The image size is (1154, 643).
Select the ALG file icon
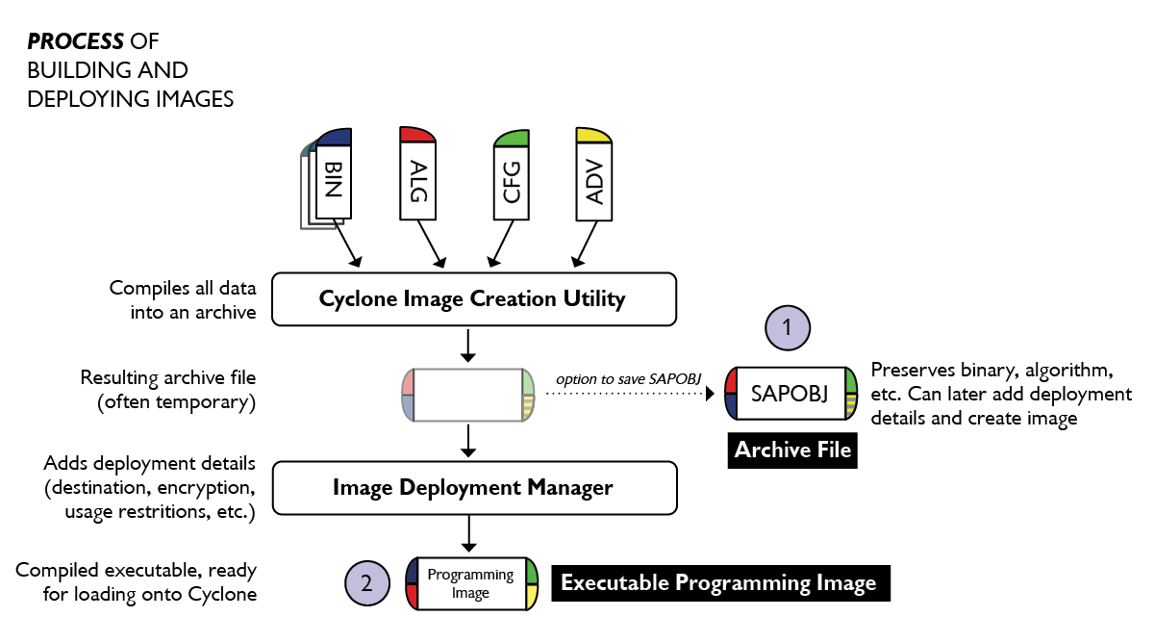(x=417, y=173)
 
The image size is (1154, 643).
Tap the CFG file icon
(x=511, y=175)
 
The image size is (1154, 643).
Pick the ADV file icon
(x=594, y=174)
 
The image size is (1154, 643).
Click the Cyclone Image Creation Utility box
(x=474, y=299)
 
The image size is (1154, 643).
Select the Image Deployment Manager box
(x=474, y=488)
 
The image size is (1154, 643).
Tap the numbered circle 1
(x=788, y=328)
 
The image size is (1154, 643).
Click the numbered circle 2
(x=366, y=583)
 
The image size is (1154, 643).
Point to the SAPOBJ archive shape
(x=790, y=394)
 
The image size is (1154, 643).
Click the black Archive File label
(x=792, y=450)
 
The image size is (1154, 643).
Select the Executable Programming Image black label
(x=720, y=583)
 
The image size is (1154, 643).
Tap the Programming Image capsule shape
(x=472, y=583)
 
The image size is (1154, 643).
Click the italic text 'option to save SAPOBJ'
(x=629, y=379)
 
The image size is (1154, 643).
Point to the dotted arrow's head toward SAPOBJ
(x=711, y=394)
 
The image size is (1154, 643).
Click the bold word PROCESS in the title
(x=75, y=41)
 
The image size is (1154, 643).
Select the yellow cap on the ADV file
(x=593, y=135)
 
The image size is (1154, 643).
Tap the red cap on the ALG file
(x=417, y=134)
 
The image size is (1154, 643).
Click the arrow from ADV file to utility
(x=586, y=244)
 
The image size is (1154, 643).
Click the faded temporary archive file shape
(x=467, y=395)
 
